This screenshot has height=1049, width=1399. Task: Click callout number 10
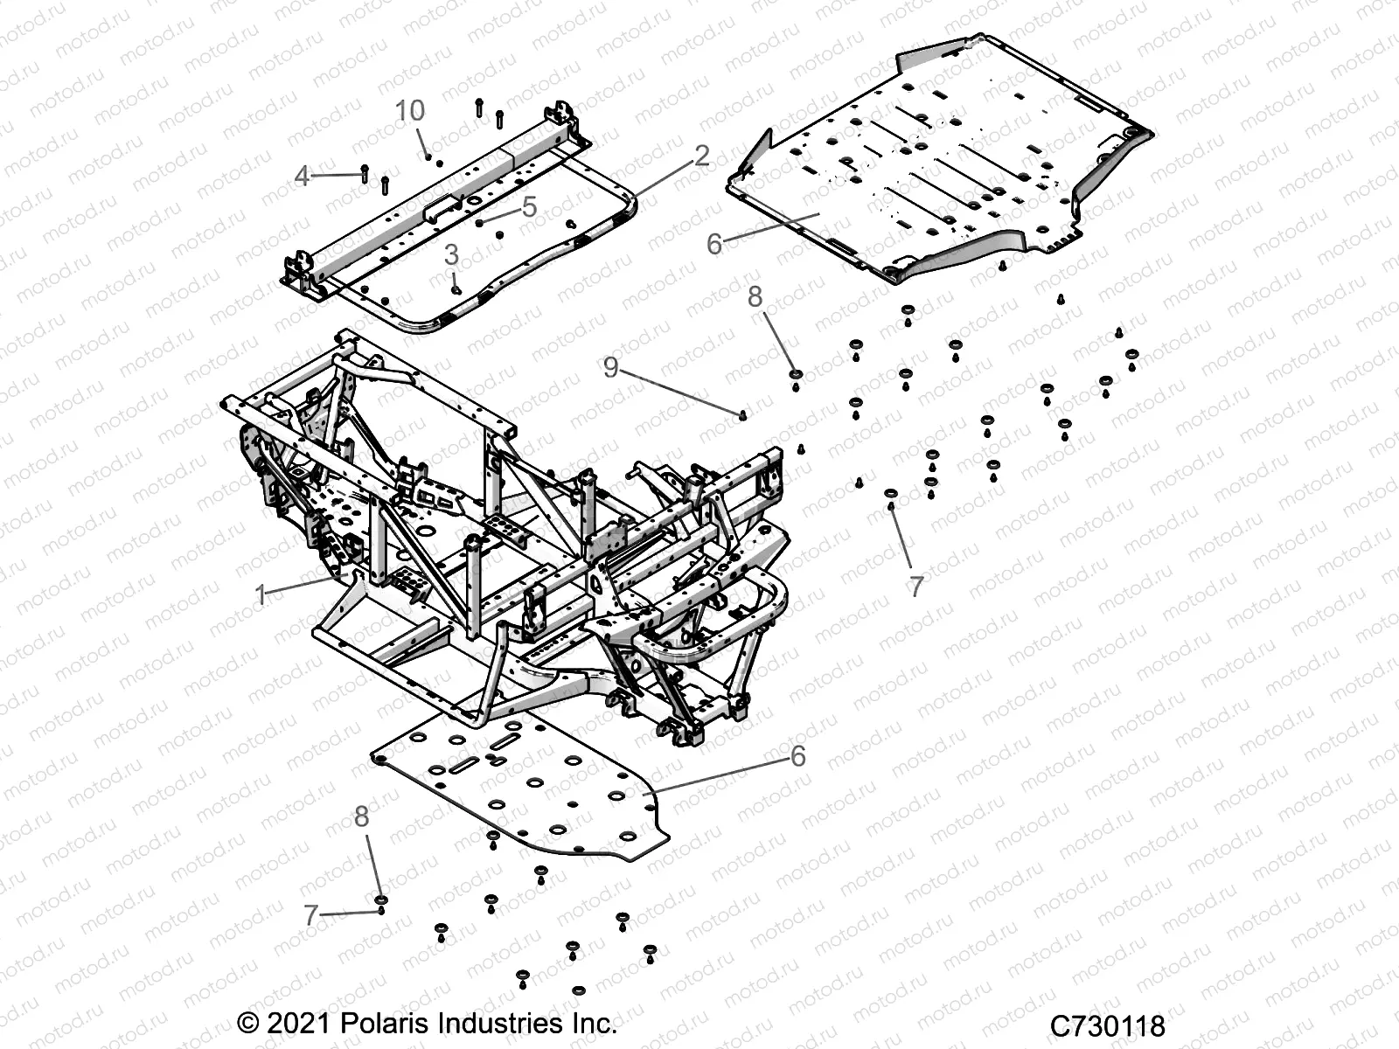tap(409, 111)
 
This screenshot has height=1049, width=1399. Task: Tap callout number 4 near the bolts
tap(303, 177)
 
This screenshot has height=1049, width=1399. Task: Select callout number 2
tap(701, 156)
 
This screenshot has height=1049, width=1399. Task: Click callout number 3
tap(451, 254)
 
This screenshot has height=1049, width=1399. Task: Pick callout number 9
tap(635, 367)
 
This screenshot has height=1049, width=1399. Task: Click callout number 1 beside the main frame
tap(261, 595)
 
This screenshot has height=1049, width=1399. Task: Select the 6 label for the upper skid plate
tap(714, 244)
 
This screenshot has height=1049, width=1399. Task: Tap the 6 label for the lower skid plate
tap(797, 755)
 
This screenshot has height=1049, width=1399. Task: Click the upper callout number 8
tap(755, 297)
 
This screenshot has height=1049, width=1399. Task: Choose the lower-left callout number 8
tap(361, 816)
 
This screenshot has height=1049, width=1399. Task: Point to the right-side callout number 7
tap(915, 587)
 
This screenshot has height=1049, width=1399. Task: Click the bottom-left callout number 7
tap(310, 915)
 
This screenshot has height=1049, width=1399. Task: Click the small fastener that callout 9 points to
tap(742, 415)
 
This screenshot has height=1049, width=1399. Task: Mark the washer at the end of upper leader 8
tap(796, 375)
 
